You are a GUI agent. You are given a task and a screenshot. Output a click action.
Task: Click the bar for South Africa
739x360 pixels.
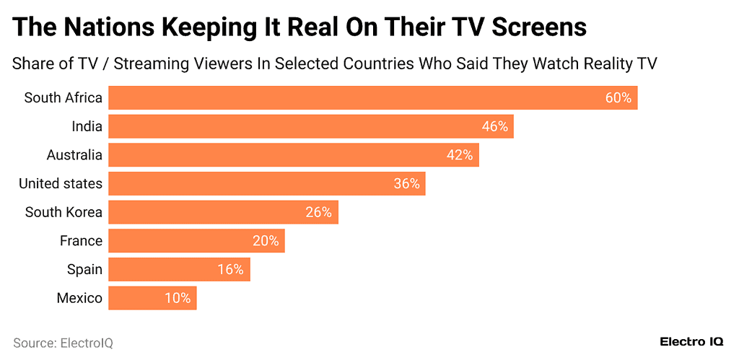click(372, 97)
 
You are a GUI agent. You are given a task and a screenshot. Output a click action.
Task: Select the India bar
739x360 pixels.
click(310, 126)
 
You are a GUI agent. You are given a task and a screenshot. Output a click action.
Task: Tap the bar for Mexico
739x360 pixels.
click(152, 298)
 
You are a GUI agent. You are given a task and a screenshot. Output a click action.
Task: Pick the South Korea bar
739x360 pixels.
click(223, 212)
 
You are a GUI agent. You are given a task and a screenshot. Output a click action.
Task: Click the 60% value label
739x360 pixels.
click(618, 98)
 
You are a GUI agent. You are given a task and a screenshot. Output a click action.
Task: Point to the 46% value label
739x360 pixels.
click(495, 126)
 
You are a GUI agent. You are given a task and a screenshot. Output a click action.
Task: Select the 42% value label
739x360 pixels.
click(460, 155)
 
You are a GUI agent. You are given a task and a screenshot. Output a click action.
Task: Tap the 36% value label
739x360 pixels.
click(406, 183)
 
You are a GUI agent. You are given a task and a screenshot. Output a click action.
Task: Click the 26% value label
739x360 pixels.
click(318, 212)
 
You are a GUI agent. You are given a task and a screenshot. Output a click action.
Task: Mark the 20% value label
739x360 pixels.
click(266, 241)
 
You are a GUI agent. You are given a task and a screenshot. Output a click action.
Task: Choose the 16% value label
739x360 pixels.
click(231, 270)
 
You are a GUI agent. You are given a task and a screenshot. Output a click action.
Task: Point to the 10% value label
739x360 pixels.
click(177, 298)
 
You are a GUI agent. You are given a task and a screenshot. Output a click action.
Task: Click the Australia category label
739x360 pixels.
click(74, 155)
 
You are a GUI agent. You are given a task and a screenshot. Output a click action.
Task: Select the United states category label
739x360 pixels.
click(61, 184)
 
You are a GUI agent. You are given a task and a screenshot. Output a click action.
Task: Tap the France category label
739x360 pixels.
click(81, 241)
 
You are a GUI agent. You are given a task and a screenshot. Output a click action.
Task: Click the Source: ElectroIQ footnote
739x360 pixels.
click(63, 343)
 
